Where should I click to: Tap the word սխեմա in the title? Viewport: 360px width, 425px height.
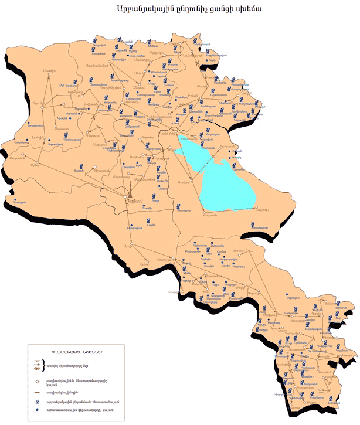click(x=249, y=11)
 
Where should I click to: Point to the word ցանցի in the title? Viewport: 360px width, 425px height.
click(x=220, y=11)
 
